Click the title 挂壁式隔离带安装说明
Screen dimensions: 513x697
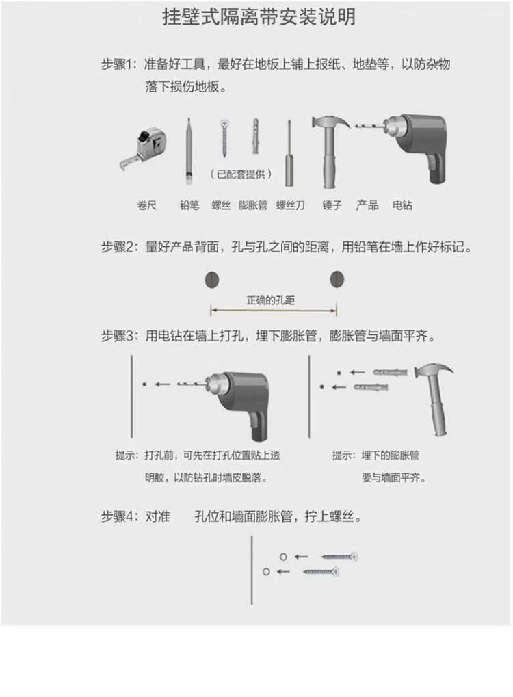pyautogui.click(x=259, y=17)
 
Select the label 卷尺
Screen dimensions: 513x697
pyautogui.click(x=146, y=205)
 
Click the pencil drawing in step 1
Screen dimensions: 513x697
pyautogui.click(x=189, y=151)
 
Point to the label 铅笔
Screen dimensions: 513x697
pyautogui.click(x=189, y=205)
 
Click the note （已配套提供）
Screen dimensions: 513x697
pyautogui.click(x=241, y=174)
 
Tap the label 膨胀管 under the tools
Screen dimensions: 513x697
pyautogui.click(x=253, y=205)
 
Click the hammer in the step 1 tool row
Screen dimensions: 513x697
pyautogui.click(x=330, y=151)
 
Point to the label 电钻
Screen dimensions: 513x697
pyautogui.click(x=402, y=205)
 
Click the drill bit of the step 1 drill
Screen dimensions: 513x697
pyautogui.click(x=369, y=127)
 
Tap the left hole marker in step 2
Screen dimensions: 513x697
pyautogui.click(x=212, y=280)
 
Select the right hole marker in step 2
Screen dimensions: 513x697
pyautogui.click(x=337, y=279)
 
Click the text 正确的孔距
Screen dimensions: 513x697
pyautogui.click(x=270, y=300)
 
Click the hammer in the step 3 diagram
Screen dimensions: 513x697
pyautogui.click(x=434, y=399)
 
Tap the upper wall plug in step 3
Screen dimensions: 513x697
pyautogui.click(x=390, y=371)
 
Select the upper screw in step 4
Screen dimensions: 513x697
pyautogui.click(x=339, y=557)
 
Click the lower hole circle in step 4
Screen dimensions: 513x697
pyautogui.click(x=266, y=571)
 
